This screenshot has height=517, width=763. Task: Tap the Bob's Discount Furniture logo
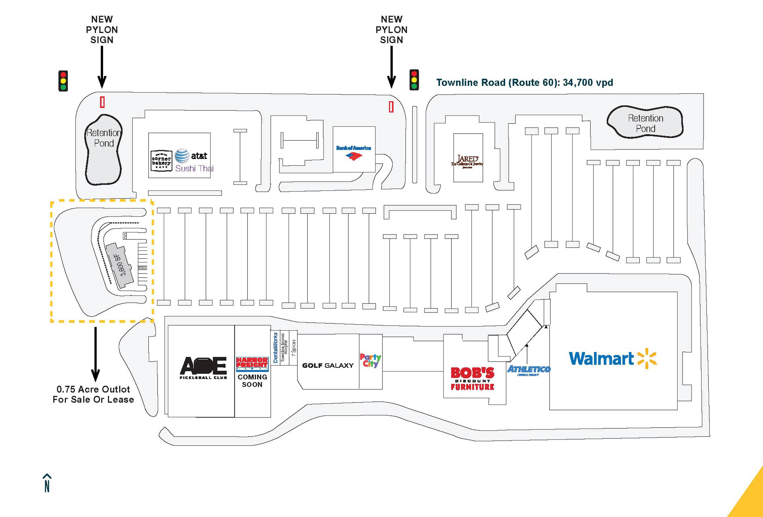pos(472,378)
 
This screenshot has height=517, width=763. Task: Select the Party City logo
pos(370,360)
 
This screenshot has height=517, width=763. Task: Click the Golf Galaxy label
pos(328,366)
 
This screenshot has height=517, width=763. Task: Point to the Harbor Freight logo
pos(252,364)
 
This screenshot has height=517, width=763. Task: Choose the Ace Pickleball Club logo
pos(203,368)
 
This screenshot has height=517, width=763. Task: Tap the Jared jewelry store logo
pos(467,161)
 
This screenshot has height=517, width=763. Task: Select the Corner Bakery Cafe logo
pos(161,161)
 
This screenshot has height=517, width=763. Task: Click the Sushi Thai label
pos(194,169)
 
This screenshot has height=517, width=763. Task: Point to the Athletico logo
pos(529,370)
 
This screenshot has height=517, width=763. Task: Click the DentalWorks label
pos(275,347)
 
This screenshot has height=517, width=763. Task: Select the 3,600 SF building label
pos(120,265)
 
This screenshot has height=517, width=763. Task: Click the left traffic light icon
pos(63,81)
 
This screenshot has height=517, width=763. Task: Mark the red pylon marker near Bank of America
pos(391,107)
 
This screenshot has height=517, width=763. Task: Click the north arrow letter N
pos(47,486)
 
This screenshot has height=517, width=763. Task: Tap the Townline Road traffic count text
pos(524,82)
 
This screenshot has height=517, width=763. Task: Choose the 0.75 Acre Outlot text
pos(93,394)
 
